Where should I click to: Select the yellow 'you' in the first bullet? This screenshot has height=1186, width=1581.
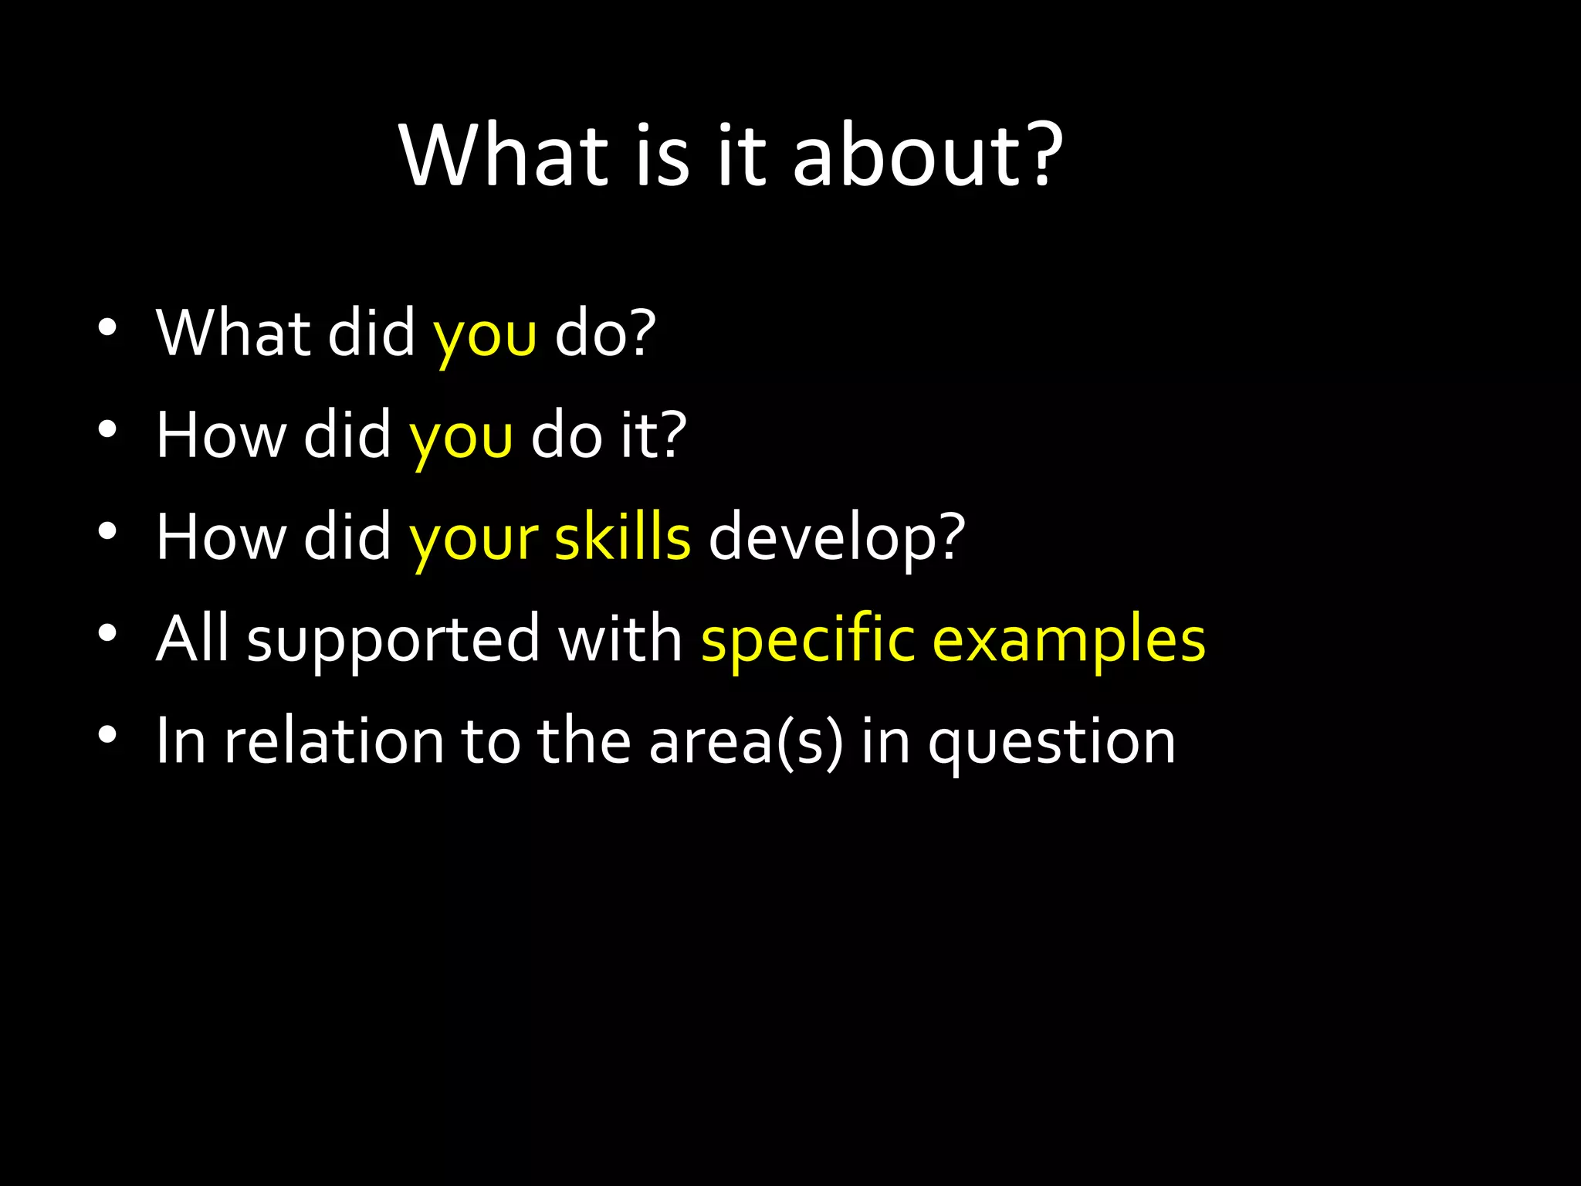point(485,336)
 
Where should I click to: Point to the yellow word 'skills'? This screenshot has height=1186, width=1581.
point(622,537)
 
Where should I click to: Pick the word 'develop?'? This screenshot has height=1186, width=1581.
point(837,539)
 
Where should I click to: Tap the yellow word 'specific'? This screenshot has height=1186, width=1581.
point(807,641)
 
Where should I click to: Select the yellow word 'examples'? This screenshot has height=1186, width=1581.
point(1069,641)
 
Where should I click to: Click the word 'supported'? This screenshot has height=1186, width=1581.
point(393,641)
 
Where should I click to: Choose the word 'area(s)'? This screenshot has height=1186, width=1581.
point(746,742)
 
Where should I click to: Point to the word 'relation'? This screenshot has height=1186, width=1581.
point(333,740)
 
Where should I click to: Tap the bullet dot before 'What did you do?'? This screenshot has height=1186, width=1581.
point(107,328)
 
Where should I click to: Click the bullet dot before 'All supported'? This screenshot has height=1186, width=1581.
point(107,633)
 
